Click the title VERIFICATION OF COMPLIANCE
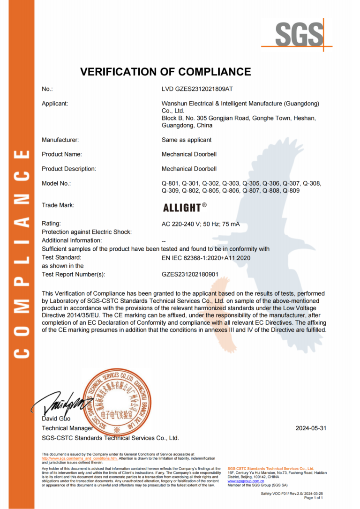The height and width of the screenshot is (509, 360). click(x=165, y=72)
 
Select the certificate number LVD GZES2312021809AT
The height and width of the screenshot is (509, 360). click(x=197, y=89)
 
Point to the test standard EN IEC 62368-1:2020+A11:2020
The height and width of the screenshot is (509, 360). click(x=206, y=257)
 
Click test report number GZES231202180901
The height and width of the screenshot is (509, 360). click(x=190, y=274)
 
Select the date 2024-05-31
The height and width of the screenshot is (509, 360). click(x=310, y=428)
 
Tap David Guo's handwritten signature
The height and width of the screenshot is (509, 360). click(x=59, y=402)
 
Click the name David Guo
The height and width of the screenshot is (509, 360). click(x=56, y=418)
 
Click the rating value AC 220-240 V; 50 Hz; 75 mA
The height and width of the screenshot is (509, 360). click(x=200, y=224)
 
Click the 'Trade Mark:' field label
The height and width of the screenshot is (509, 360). click(x=58, y=205)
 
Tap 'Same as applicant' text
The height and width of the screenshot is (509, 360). click(x=186, y=140)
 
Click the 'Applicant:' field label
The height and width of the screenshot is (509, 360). click(x=55, y=104)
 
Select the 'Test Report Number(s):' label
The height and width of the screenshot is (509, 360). click(x=73, y=274)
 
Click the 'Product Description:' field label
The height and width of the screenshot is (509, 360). click(x=68, y=169)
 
